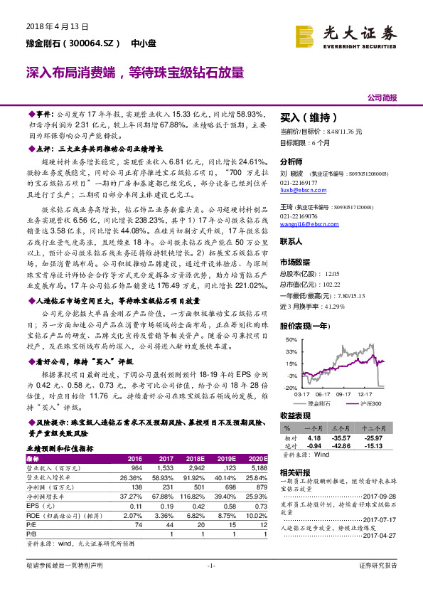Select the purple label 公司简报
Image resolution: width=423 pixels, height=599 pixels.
tap(382, 97)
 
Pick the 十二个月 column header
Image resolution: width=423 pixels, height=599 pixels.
tap(373, 429)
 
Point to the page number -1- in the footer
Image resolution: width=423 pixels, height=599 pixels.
tap(211, 585)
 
